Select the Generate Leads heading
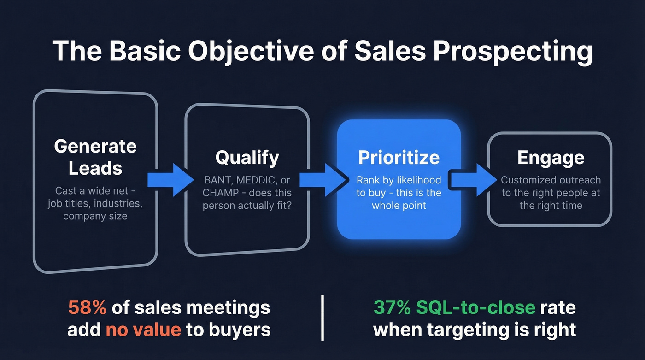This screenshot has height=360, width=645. [95, 157]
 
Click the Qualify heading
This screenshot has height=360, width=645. [247, 157]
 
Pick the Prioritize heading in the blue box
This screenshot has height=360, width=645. [399, 157]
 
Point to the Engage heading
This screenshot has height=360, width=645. [551, 158]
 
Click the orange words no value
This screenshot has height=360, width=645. [143, 330]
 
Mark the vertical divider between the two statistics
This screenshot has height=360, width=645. [322, 318]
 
